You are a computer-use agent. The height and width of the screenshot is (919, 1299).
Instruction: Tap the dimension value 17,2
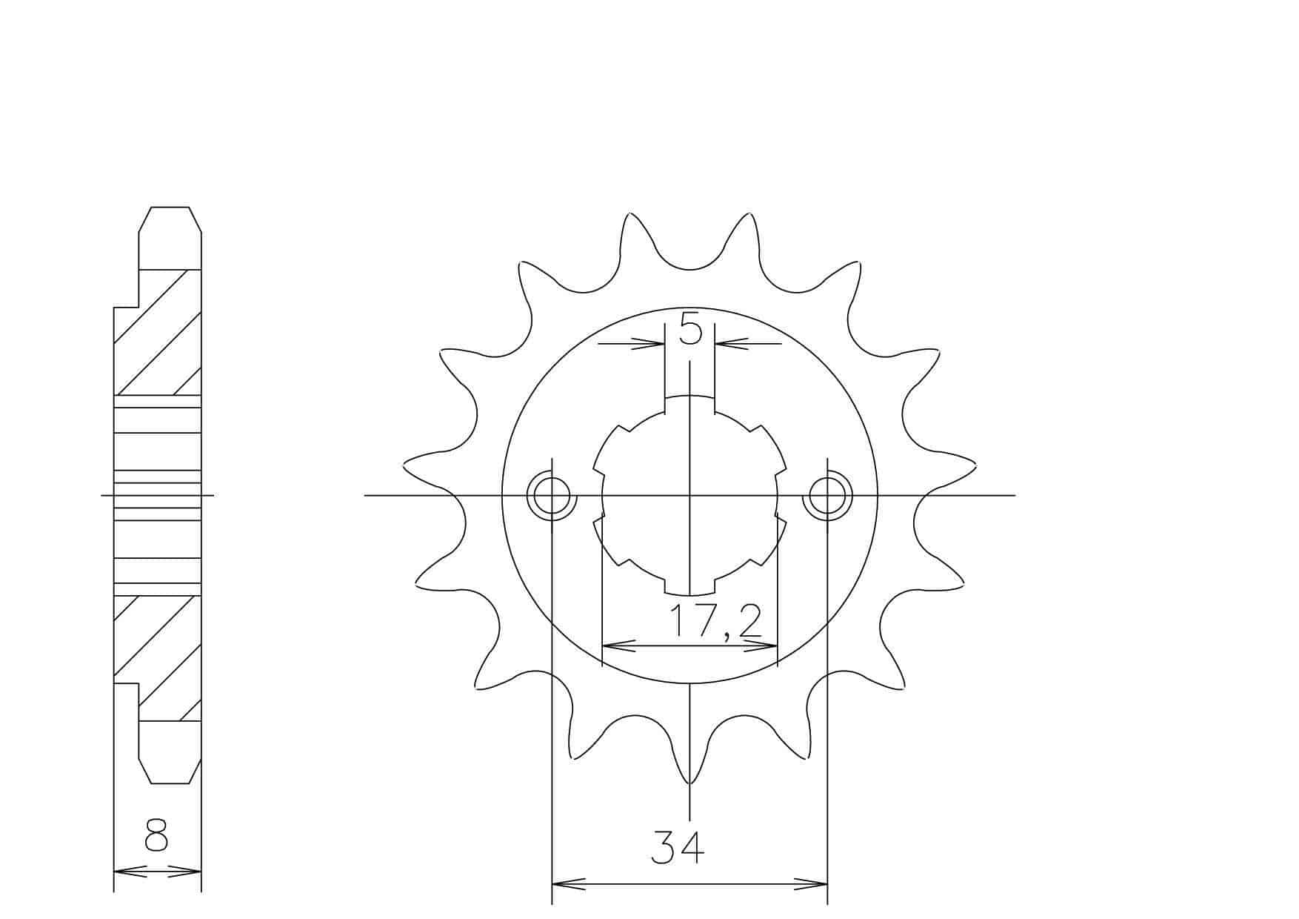click(715, 621)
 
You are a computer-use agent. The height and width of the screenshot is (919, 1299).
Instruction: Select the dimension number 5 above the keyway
click(689, 328)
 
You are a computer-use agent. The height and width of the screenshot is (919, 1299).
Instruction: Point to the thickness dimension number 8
click(156, 836)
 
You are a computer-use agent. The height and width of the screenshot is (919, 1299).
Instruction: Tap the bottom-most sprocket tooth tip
click(689, 783)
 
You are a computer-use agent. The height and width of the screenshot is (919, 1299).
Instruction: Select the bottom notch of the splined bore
click(689, 585)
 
